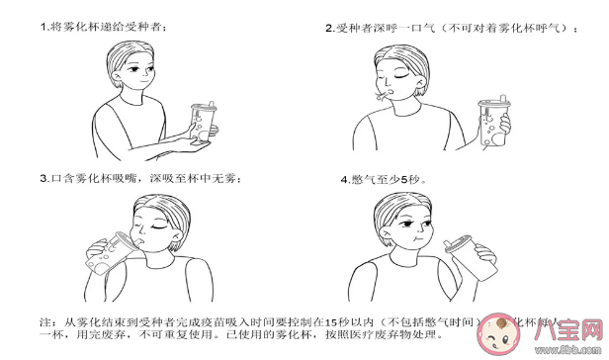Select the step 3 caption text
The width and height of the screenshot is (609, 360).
tap(139, 179)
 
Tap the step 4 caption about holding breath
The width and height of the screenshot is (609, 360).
tap(380, 180)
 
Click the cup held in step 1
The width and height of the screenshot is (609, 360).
tap(202, 123)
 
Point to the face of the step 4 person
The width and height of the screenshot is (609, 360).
tap(405, 231)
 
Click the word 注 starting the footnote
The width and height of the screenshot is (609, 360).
tap(44, 322)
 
